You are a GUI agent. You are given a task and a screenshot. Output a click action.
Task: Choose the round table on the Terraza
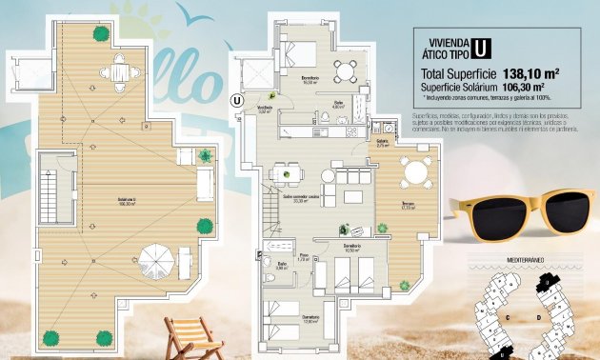[415, 172]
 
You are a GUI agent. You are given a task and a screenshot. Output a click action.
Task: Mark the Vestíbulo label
[265, 109]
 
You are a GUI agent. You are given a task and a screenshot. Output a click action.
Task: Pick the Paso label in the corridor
[304, 258]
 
